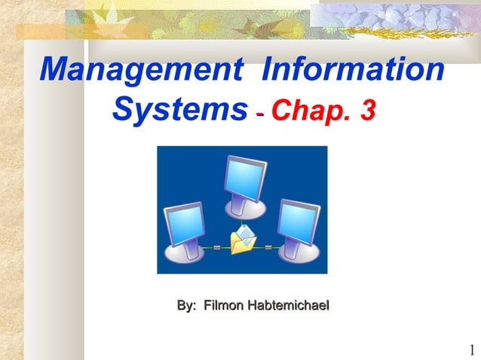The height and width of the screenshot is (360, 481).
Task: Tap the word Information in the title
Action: tap(352, 71)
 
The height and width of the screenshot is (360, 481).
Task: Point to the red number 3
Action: tap(367, 111)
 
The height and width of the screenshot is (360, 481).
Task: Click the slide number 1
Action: tap(471, 350)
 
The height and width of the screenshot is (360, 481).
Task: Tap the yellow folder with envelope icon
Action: tap(243, 243)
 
